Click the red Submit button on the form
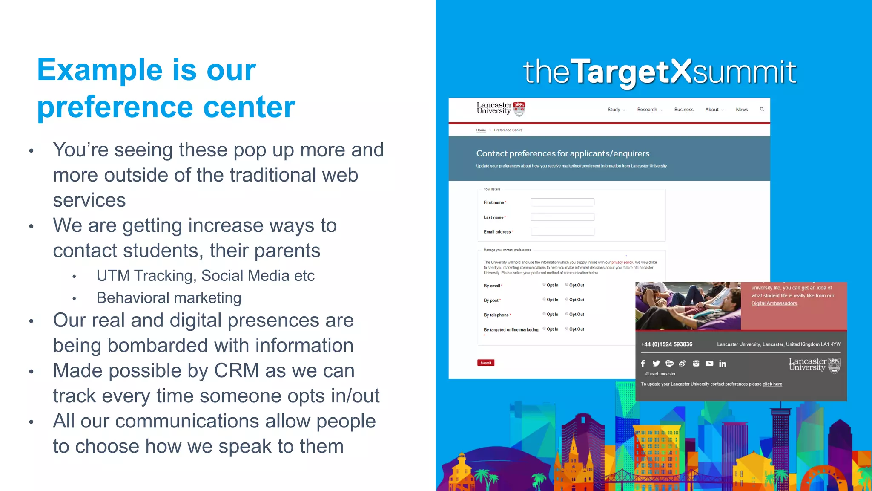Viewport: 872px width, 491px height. click(x=485, y=363)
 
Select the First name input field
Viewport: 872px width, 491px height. click(x=562, y=202)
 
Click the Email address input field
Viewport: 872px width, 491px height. click(x=562, y=232)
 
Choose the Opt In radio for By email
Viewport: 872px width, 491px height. click(x=544, y=285)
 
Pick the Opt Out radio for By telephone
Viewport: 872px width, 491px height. click(x=567, y=314)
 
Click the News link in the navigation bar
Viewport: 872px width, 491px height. click(x=742, y=110)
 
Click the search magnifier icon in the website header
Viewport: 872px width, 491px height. click(x=762, y=109)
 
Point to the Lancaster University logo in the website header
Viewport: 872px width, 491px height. click(x=501, y=109)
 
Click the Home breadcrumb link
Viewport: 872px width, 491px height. click(x=481, y=130)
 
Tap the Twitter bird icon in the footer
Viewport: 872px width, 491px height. click(x=656, y=364)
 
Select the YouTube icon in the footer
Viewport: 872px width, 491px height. click(x=709, y=364)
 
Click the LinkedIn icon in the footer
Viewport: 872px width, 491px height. click(x=723, y=364)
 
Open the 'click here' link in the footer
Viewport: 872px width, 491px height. click(x=772, y=384)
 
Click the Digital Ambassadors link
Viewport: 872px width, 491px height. click(x=774, y=303)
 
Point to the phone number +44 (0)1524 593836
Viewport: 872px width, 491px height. click(x=667, y=344)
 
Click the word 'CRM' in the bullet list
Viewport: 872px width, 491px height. click(x=236, y=371)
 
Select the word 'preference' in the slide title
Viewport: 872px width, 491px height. click(x=117, y=107)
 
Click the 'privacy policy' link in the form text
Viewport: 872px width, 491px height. click(x=622, y=263)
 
